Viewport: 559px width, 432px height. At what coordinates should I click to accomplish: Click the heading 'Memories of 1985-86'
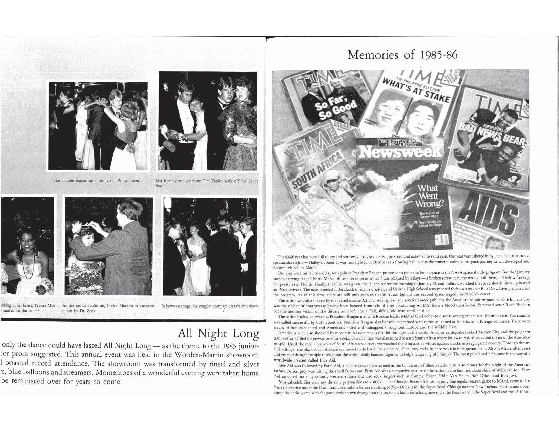coord(402,55)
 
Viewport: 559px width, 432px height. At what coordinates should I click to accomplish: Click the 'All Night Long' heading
coord(218,333)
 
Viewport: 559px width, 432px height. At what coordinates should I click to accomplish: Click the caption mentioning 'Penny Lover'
coord(97,180)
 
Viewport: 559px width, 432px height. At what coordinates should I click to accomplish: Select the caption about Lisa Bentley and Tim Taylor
coord(206,183)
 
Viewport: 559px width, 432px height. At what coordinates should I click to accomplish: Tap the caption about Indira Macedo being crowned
coord(108,308)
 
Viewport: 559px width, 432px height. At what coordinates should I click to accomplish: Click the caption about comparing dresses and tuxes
coord(210,306)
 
